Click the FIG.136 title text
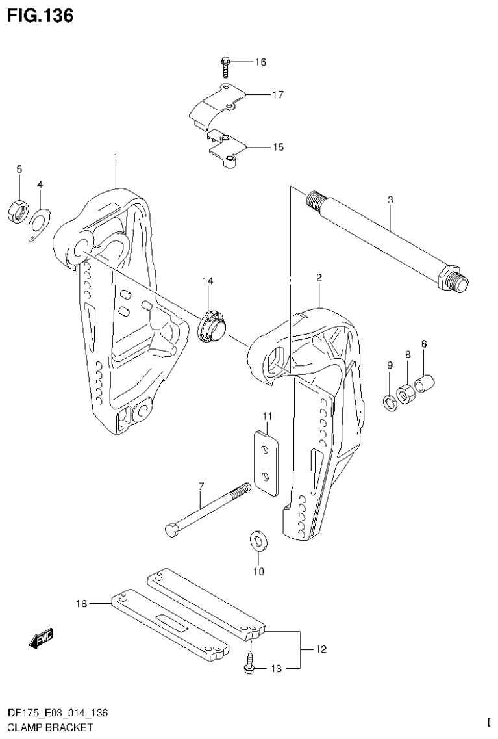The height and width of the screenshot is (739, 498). coord(40,15)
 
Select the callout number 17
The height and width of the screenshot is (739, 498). coord(278,95)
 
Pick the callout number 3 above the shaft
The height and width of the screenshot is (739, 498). coord(390,201)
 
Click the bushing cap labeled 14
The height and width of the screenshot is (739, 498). coord(211,322)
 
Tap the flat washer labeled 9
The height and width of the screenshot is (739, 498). coord(390,403)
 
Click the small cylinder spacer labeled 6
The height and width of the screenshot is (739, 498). coord(425,383)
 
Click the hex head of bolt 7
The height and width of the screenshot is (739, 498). coord(172,530)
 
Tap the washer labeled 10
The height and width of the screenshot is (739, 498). coord(258,541)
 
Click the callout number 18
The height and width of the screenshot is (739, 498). coord(81,604)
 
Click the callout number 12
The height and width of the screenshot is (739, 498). coord(321,649)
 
